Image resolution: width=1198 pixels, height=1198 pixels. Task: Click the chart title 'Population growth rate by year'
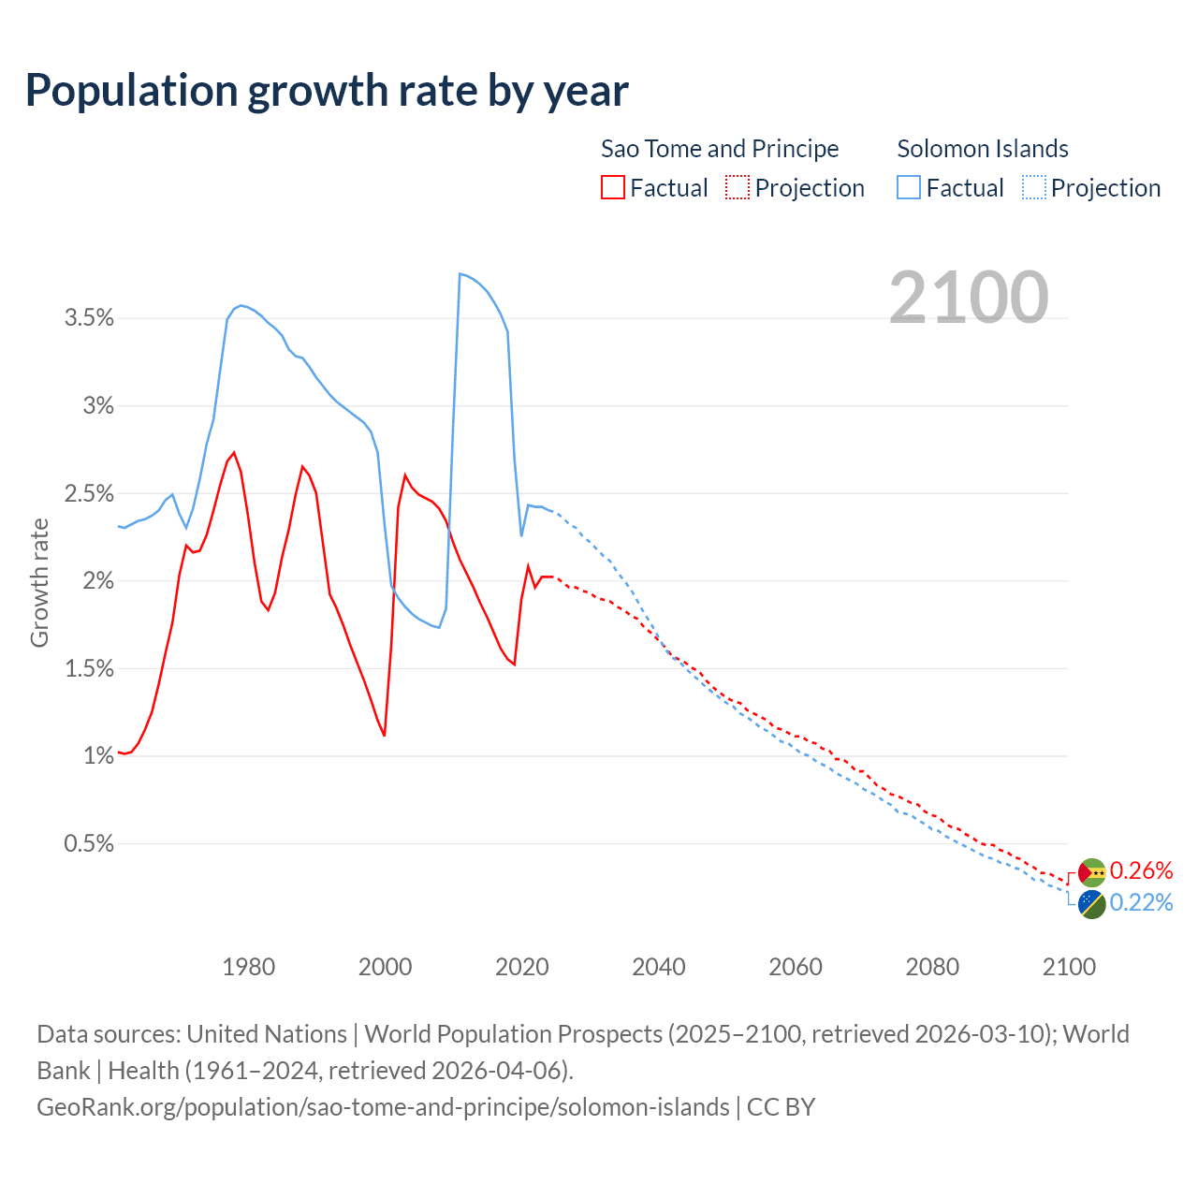click(x=327, y=91)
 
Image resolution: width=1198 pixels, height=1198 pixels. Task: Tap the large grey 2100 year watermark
click(x=969, y=298)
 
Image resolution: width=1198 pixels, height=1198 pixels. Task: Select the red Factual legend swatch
click(x=613, y=187)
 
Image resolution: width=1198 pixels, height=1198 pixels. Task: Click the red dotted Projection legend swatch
click(x=738, y=187)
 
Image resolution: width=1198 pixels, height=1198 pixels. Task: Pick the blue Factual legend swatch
click(x=909, y=187)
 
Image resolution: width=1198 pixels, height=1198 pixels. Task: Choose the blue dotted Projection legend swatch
click(x=1034, y=187)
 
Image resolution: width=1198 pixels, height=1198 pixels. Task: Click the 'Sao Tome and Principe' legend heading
click(x=719, y=149)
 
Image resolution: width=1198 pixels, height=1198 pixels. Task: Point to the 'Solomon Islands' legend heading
click(x=983, y=149)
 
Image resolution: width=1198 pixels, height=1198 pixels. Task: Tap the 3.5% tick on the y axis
click(x=89, y=318)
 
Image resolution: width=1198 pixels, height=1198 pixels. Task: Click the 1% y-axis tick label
click(x=97, y=755)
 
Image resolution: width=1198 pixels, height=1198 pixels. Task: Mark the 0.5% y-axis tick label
click(x=89, y=843)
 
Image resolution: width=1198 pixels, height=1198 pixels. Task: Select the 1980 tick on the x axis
click(x=249, y=967)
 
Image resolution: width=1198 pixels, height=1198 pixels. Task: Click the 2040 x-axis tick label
click(x=659, y=967)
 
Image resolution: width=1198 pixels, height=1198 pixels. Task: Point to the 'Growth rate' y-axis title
click(x=39, y=582)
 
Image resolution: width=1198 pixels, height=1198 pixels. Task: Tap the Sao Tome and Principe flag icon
click(x=1091, y=872)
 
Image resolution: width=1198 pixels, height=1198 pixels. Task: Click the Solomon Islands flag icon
click(x=1091, y=904)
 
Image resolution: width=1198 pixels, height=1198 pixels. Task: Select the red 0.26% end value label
click(x=1141, y=871)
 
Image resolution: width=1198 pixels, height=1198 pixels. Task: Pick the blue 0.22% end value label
click(x=1141, y=903)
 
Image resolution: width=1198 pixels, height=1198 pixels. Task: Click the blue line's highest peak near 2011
click(x=460, y=273)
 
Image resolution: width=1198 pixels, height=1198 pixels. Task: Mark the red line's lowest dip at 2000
click(x=385, y=736)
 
